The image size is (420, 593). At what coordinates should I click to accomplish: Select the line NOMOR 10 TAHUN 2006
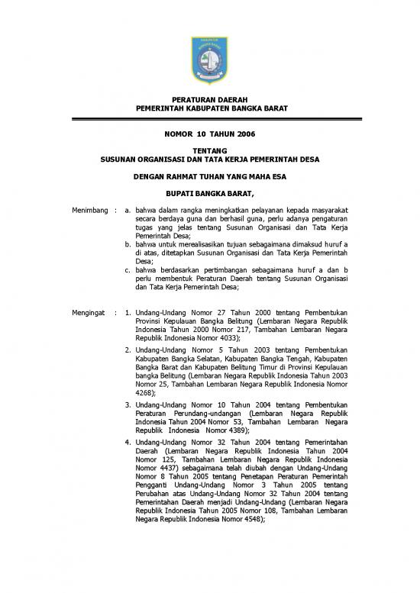(x=209, y=134)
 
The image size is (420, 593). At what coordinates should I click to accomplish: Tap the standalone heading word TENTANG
(x=209, y=152)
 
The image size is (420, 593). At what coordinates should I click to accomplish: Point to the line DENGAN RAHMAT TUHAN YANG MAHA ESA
(x=209, y=176)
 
